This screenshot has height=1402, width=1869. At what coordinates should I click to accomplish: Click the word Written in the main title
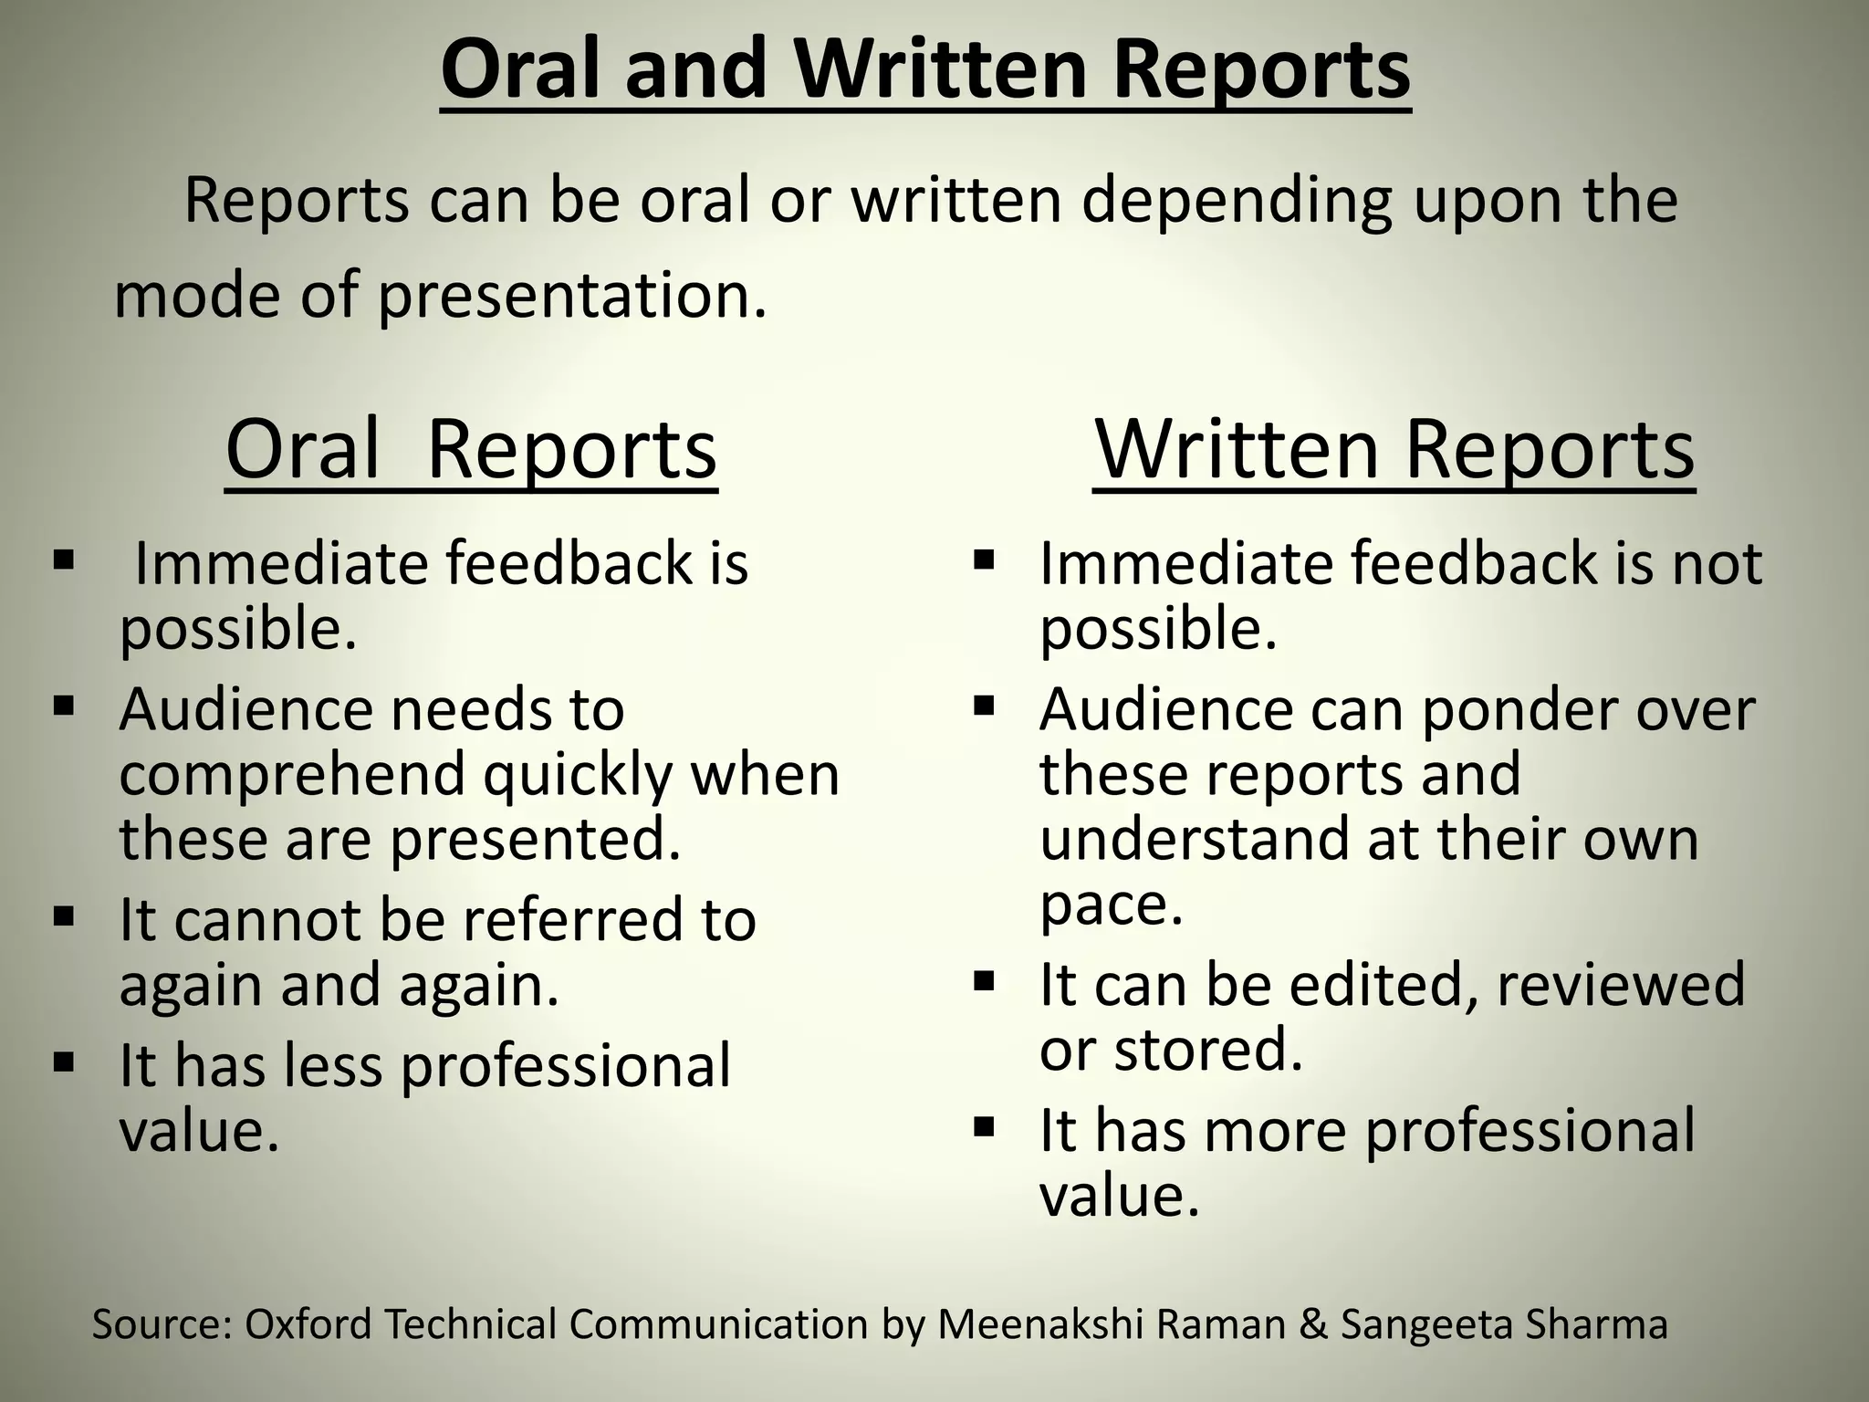click(x=940, y=70)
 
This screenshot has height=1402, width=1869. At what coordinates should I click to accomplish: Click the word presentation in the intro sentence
click(x=571, y=297)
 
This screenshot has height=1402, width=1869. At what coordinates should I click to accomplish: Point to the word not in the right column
click(x=1717, y=563)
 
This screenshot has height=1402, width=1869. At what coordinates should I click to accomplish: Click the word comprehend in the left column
click(x=292, y=774)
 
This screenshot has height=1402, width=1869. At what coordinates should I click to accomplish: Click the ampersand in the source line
click(x=1313, y=1324)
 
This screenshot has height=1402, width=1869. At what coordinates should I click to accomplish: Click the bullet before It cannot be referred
click(x=63, y=915)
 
